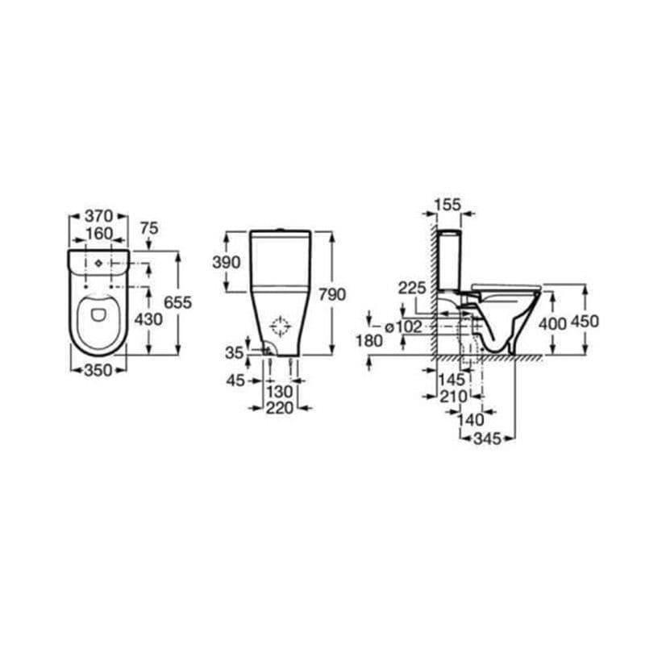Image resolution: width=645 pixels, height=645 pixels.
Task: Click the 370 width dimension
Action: tap(98, 215)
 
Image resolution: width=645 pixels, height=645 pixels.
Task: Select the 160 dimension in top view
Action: tap(98, 234)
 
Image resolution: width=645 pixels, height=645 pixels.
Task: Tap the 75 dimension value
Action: tap(149, 228)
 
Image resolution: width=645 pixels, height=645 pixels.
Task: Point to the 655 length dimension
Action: tap(177, 303)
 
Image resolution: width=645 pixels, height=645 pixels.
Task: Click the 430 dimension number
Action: tap(148, 319)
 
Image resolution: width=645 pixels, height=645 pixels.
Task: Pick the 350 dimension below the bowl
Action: tap(98, 371)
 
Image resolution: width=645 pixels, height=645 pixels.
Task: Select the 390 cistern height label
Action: tap(227, 263)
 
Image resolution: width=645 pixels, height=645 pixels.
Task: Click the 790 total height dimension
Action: tap(332, 294)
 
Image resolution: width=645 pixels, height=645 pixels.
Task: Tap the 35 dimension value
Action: tap(235, 353)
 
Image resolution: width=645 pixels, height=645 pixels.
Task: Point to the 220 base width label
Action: tap(280, 408)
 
